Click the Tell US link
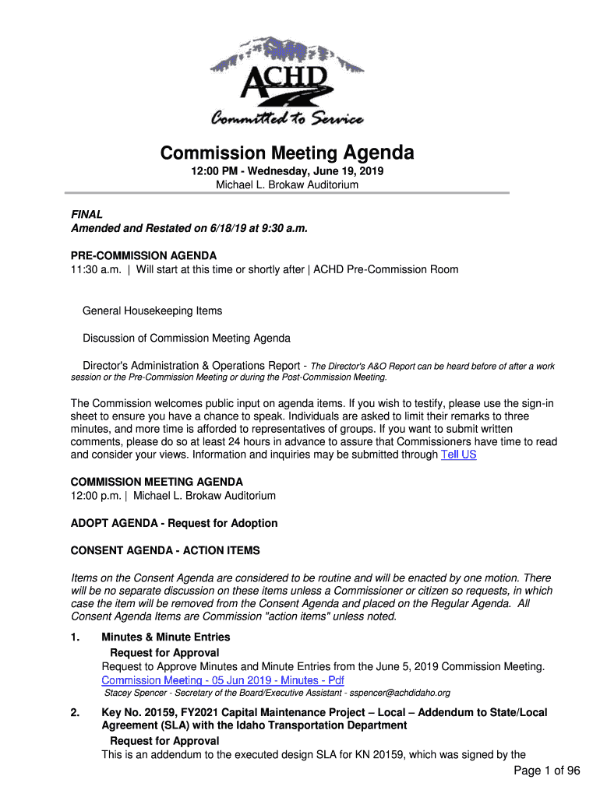458,455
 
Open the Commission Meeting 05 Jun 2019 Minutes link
217,680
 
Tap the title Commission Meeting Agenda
287,153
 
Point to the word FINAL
86,214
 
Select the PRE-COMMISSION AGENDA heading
143,255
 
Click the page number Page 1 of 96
547,771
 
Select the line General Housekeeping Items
153,311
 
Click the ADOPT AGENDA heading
174,523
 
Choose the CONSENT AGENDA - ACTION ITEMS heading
165,550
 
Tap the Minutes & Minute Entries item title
166,637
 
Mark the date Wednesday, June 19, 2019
315,171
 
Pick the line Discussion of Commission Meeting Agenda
187,339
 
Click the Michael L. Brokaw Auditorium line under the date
287,185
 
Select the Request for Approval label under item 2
164,740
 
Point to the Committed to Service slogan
287,119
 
